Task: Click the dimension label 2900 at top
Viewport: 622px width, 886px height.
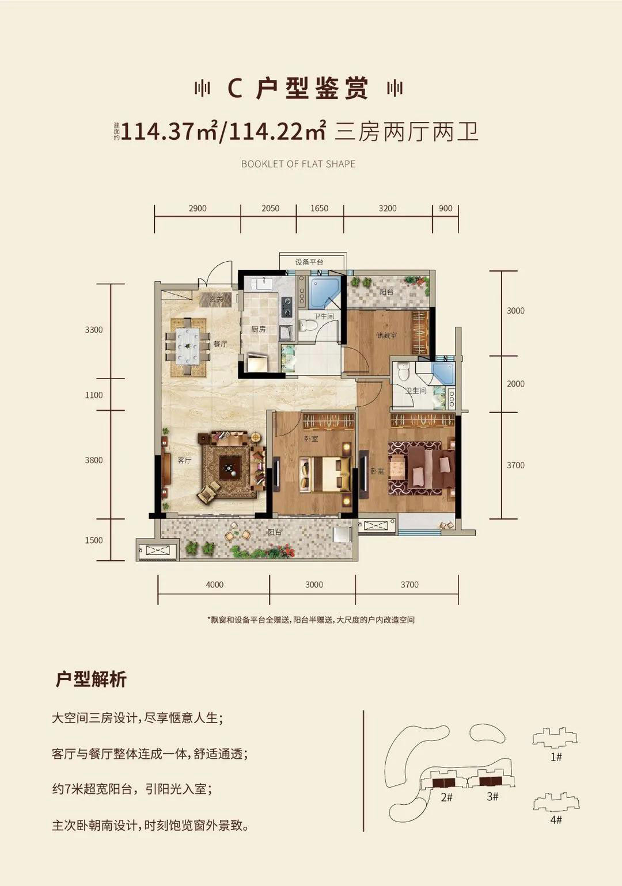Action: (x=198, y=208)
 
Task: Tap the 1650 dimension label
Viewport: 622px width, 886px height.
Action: (x=319, y=208)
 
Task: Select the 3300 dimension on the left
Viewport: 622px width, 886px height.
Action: (x=94, y=330)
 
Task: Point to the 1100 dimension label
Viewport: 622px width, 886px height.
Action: (x=94, y=395)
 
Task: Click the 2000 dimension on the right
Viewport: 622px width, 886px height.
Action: (x=515, y=384)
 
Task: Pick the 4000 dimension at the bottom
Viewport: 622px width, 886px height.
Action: (x=214, y=585)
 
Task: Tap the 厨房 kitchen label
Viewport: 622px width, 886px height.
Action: (x=259, y=330)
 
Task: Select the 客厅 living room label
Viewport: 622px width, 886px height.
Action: (x=184, y=460)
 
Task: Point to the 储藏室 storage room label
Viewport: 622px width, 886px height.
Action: (x=386, y=335)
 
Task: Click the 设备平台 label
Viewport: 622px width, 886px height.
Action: (x=309, y=262)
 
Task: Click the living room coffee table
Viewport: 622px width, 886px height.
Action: (x=230, y=468)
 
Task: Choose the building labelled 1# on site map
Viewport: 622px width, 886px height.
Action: (x=554, y=738)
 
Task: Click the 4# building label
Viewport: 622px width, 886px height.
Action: (x=556, y=819)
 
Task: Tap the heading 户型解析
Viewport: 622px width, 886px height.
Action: (x=91, y=679)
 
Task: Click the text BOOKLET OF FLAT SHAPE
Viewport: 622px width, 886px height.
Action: (x=298, y=164)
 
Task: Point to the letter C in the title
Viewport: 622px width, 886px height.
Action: (x=234, y=89)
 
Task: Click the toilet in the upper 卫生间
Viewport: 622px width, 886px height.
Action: (x=309, y=326)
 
